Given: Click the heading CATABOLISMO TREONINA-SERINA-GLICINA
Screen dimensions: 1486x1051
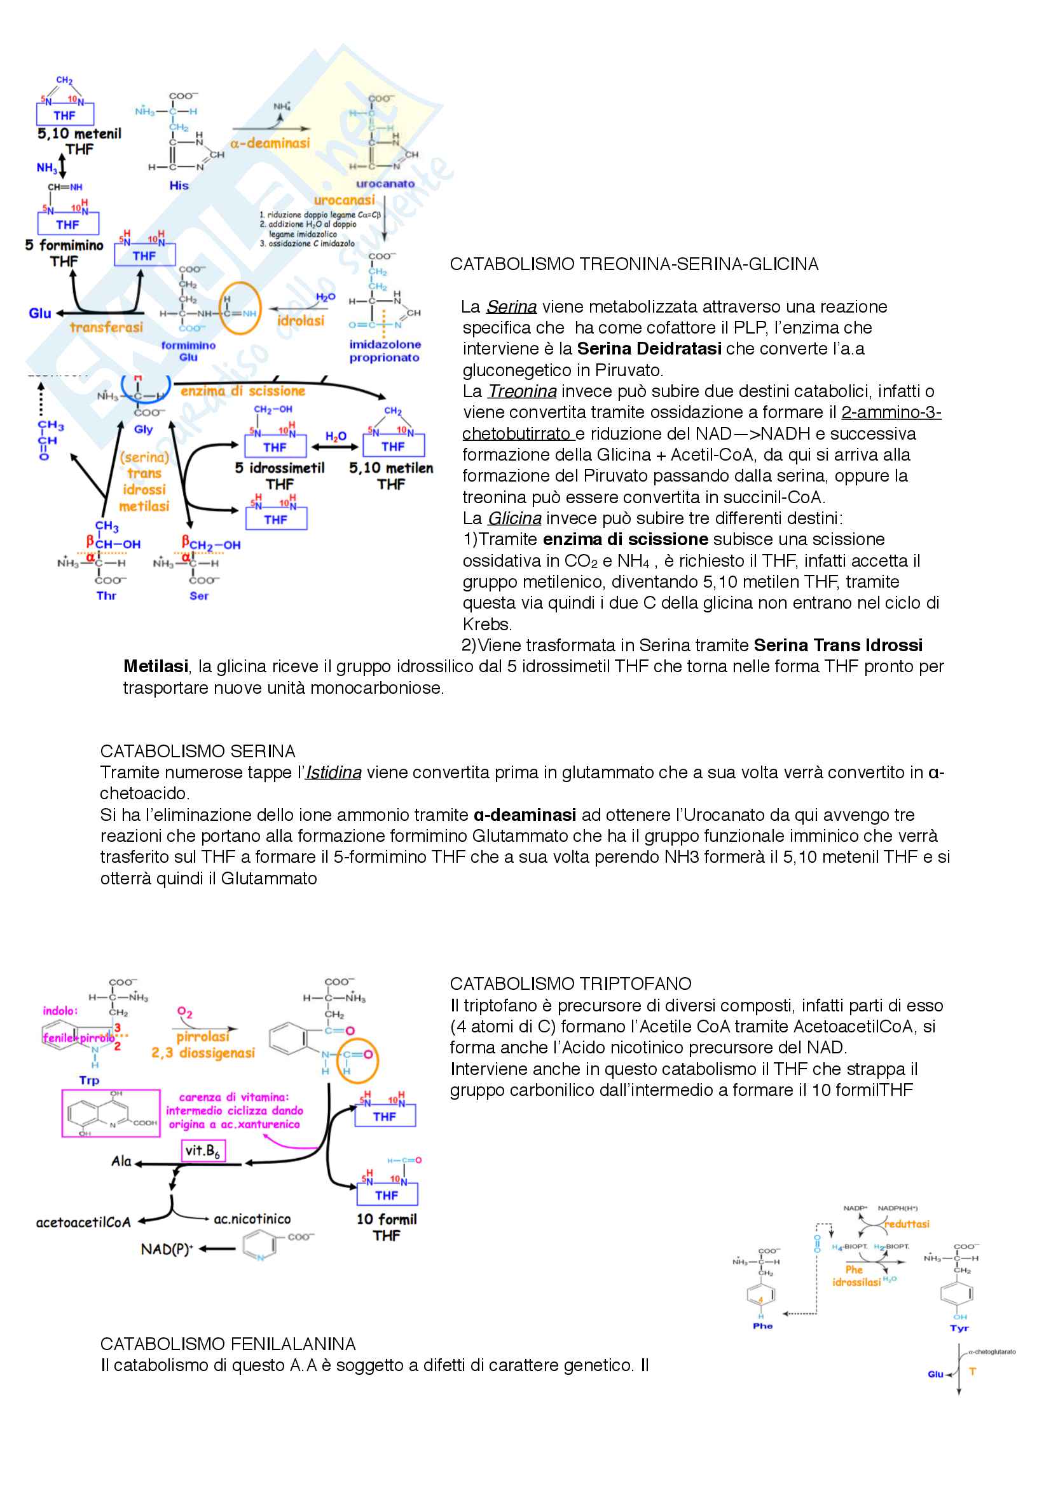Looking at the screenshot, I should pyautogui.click(x=633, y=264).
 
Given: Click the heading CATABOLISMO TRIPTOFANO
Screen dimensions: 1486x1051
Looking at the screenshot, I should pyautogui.click(x=570, y=983).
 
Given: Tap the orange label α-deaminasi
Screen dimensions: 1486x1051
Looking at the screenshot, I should pyautogui.click(x=270, y=143).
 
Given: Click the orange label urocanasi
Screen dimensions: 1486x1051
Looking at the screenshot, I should pyautogui.click(x=344, y=200).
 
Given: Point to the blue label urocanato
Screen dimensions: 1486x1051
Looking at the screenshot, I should pyautogui.click(x=385, y=184).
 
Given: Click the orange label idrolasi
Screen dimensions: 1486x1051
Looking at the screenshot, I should pyautogui.click(x=301, y=320).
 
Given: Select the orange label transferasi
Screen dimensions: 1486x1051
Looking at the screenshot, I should pyautogui.click(x=106, y=327).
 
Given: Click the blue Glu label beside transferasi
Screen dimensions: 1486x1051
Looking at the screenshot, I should pyautogui.click(x=39, y=313).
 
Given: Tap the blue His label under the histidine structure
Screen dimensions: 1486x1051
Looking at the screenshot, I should pyautogui.click(x=179, y=186).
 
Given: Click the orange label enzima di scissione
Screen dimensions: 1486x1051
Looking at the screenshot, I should pyautogui.click(x=243, y=391).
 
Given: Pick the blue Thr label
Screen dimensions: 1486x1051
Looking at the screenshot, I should pyautogui.click(x=106, y=595).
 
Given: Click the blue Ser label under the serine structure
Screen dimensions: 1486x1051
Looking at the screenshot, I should pyautogui.click(x=199, y=595).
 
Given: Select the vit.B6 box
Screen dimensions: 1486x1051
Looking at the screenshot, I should pyautogui.click(x=203, y=1151).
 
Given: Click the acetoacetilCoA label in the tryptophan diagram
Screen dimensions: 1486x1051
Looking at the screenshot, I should pyautogui.click(x=83, y=1222).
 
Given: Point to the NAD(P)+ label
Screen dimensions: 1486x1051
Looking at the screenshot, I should pyautogui.click(x=167, y=1249).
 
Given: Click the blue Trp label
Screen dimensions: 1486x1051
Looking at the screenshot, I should pyautogui.click(x=90, y=1080).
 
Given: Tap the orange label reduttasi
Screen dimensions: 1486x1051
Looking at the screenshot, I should pyautogui.click(x=907, y=1224).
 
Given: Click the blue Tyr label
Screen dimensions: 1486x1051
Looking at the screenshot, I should pyautogui.click(x=959, y=1328).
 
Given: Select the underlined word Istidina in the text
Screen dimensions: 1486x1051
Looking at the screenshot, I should pyautogui.click(x=334, y=772).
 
